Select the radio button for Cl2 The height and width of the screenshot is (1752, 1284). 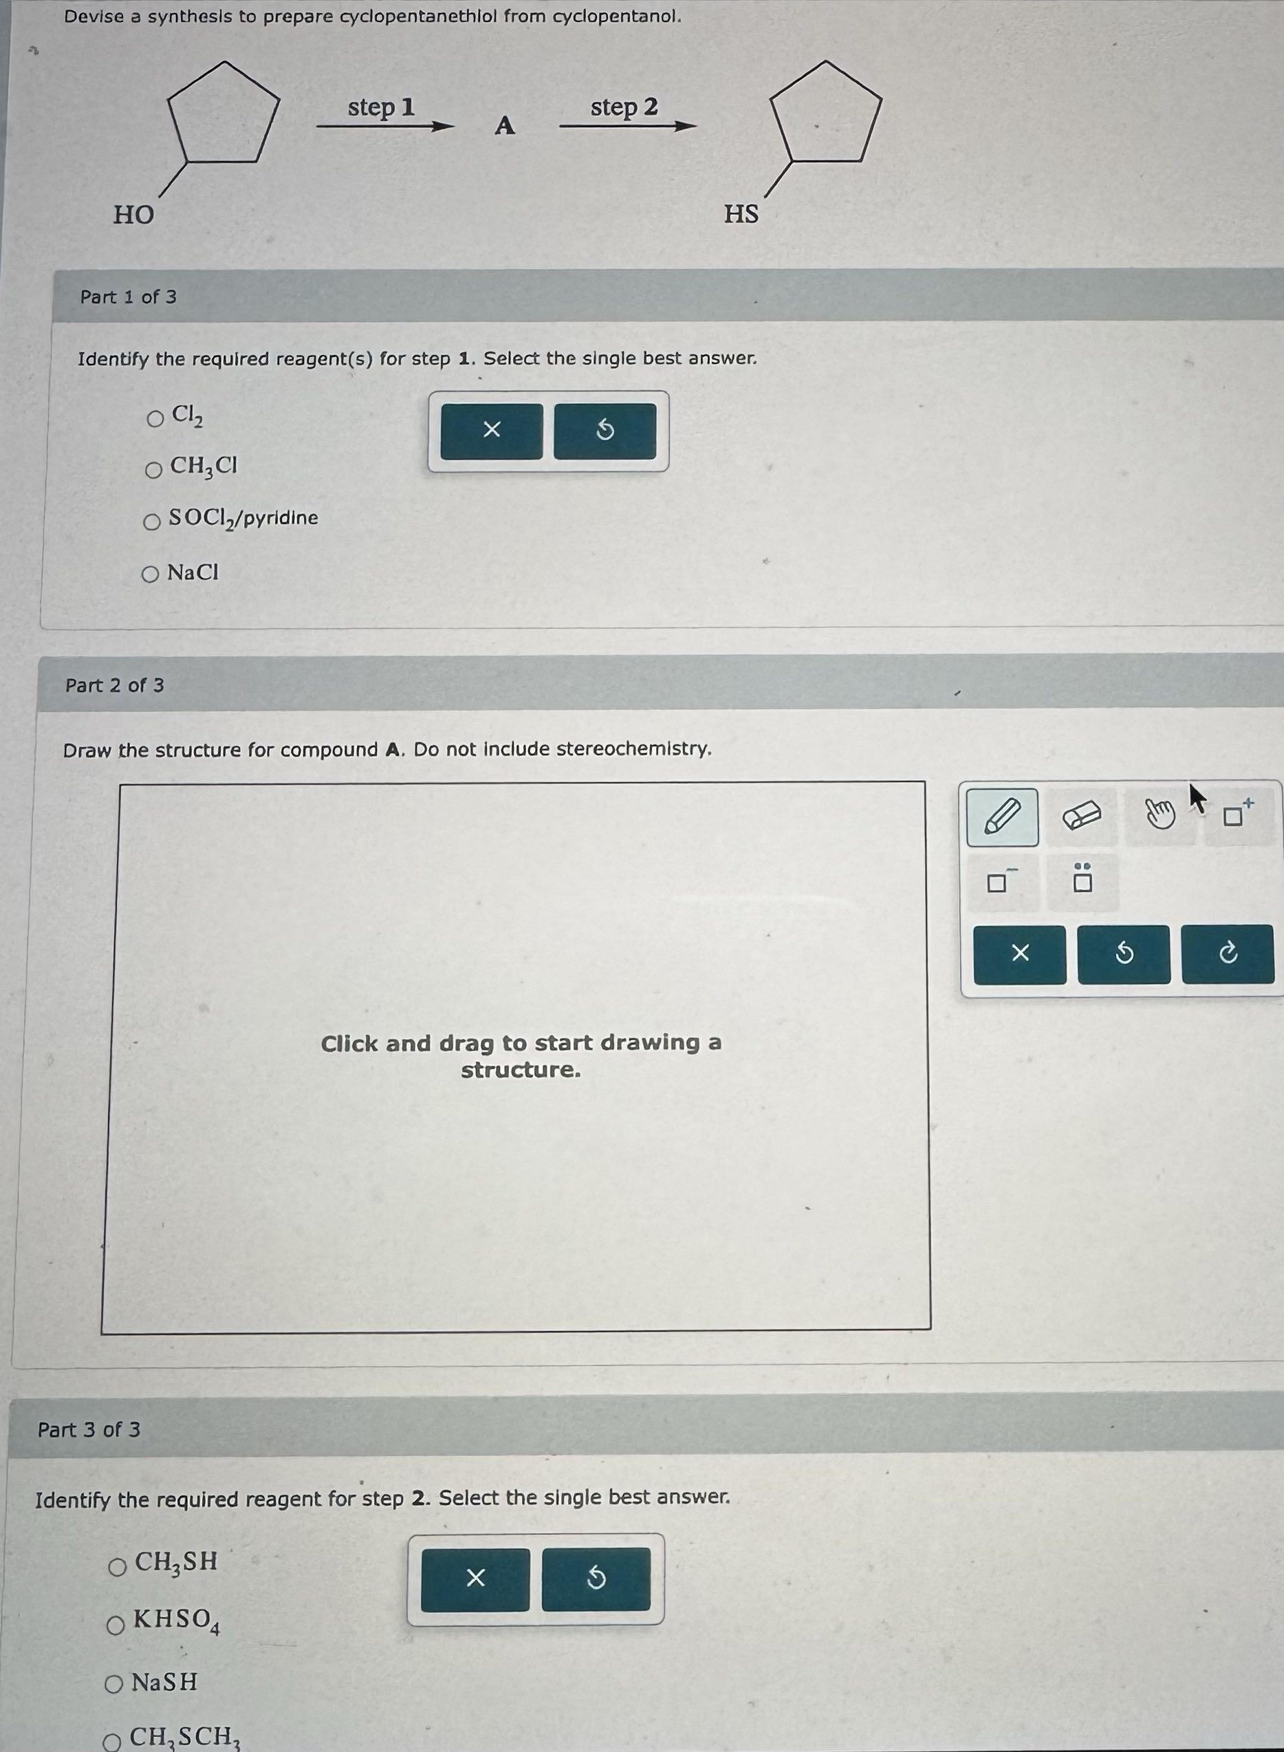pos(155,419)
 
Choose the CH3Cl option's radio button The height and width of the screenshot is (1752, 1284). pos(154,470)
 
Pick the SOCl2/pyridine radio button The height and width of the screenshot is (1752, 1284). pos(153,521)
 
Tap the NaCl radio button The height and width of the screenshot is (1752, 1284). pos(151,574)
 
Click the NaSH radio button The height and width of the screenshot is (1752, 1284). pos(114,1685)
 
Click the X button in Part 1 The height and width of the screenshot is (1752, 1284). pos(491,430)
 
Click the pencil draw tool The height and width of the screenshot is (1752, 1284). pos(1002,817)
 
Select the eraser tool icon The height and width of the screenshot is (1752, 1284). pos(1081,816)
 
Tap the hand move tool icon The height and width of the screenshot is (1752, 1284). pos(1160,816)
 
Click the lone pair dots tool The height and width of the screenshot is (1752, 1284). pos(1082,880)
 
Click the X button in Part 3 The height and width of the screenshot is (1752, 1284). pos(475,1578)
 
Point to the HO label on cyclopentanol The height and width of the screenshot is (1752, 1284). pos(133,214)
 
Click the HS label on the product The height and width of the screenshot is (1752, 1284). pos(741,213)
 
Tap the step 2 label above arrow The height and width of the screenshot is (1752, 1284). pos(624,107)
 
